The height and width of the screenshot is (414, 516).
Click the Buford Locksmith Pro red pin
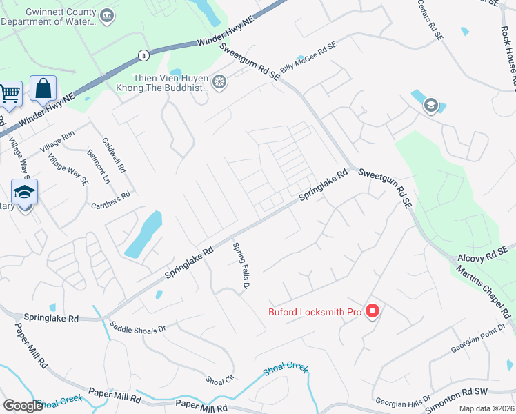click(373, 312)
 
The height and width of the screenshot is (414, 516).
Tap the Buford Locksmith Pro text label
click(315, 312)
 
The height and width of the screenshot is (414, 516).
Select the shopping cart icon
click(10, 92)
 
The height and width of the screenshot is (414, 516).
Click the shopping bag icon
click(43, 89)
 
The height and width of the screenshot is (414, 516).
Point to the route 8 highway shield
click(143, 54)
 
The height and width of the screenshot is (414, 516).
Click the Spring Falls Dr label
click(240, 267)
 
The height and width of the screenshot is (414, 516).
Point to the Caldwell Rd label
click(115, 155)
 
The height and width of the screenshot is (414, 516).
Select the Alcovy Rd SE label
click(486, 253)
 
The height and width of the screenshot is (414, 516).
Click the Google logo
click(23, 406)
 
